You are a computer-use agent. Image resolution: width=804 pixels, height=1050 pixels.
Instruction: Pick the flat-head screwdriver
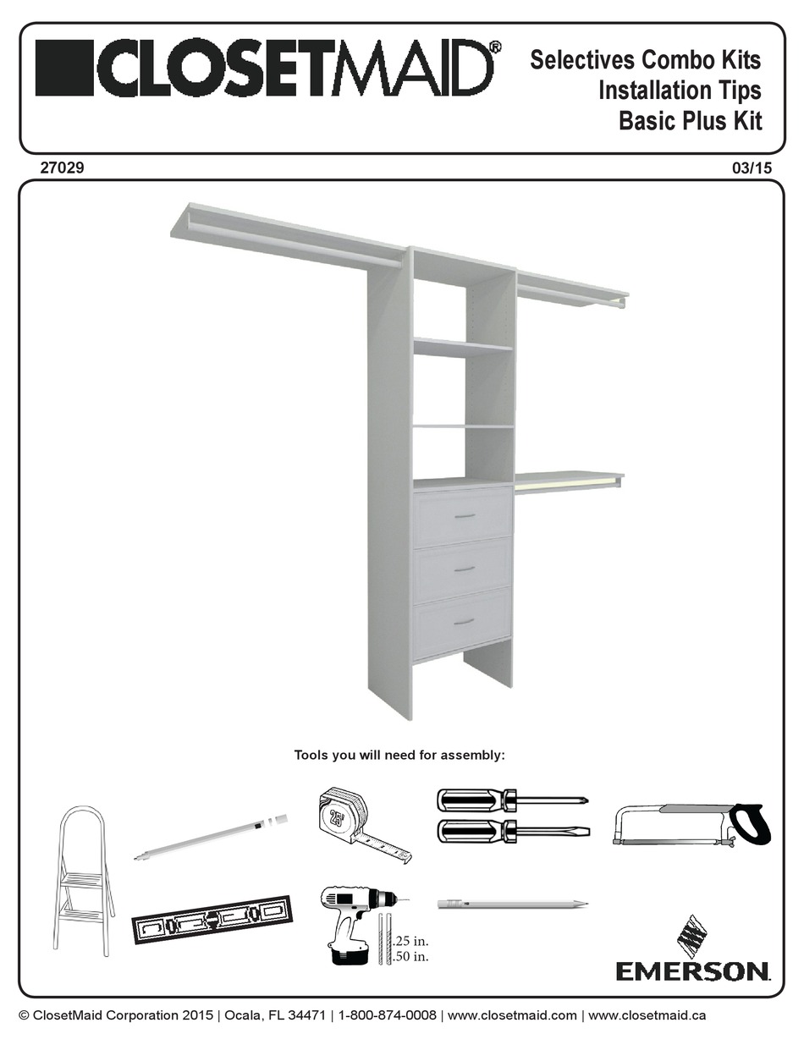[513, 830]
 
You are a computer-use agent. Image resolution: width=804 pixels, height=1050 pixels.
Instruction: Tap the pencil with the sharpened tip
[513, 903]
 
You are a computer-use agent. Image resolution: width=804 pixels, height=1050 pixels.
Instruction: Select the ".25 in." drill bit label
[410, 941]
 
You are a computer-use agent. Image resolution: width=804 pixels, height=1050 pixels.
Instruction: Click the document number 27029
[62, 168]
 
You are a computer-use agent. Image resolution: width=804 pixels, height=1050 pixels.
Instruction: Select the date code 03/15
[752, 168]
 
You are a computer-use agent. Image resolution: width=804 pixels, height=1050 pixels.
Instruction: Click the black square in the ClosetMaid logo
[63, 69]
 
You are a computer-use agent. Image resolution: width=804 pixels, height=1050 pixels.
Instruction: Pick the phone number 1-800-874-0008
[387, 1014]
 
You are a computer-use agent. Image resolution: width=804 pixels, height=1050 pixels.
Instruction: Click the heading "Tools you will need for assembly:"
[399, 755]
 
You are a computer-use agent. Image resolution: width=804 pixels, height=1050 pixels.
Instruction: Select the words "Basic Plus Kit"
[691, 121]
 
